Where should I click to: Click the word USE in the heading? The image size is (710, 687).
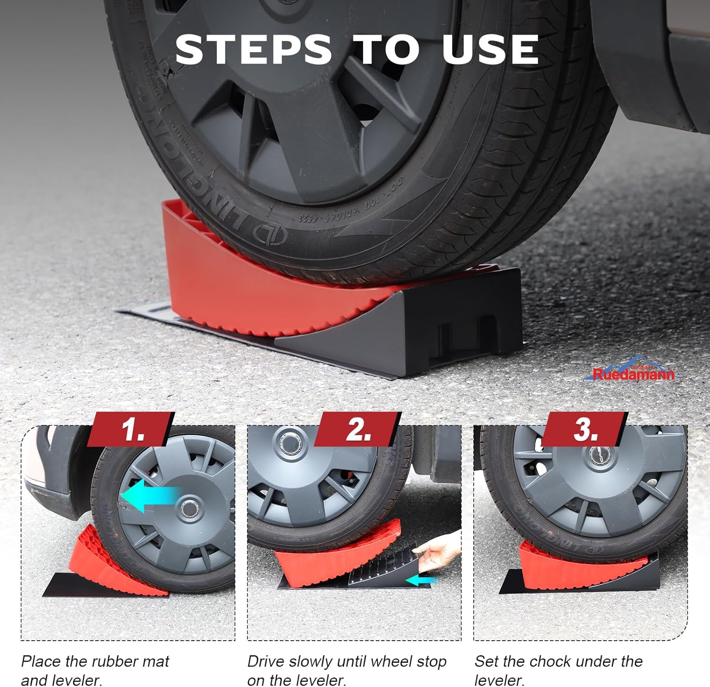click(490, 49)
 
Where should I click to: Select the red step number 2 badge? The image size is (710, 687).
click(357, 429)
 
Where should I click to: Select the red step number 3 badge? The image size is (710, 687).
click(585, 429)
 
